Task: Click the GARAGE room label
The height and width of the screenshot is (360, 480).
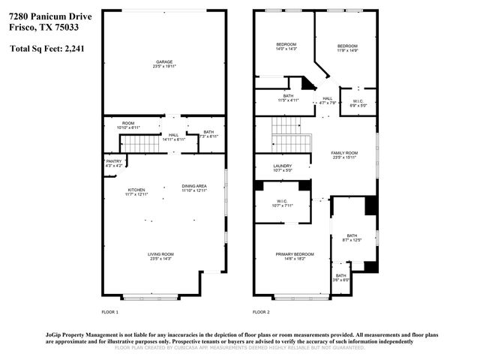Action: (x=165, y=63)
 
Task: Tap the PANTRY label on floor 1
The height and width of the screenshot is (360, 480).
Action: (x=114, y=161)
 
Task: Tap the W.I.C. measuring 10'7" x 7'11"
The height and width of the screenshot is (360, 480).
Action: (x=282, y=202)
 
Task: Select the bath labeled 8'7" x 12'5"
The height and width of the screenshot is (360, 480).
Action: (x=352, y=238)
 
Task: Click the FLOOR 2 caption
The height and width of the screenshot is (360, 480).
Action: (x=260, y=311)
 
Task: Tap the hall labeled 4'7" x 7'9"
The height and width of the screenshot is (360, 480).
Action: (x=328, y=100)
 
